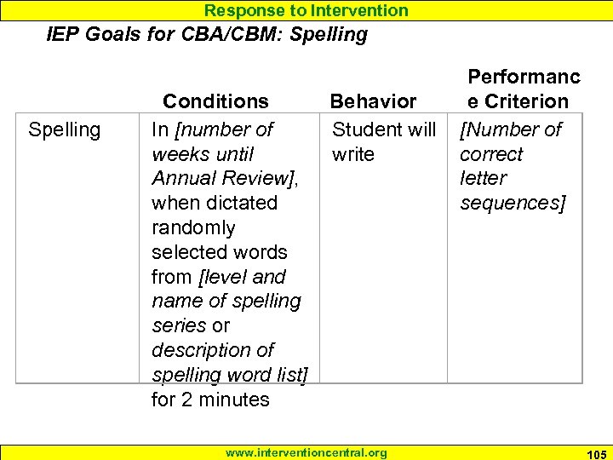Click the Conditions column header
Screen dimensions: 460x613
point(215,101)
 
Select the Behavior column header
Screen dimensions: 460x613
point(373,101)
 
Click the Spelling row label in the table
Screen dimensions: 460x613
point(64,129)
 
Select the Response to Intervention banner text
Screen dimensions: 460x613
point(306,10)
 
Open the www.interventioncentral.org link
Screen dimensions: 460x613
point(306,453)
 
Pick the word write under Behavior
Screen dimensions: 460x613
point(353,154)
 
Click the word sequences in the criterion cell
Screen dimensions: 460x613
point(513,203)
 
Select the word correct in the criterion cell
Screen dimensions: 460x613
point(491,154)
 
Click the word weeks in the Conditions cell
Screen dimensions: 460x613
point(179,154)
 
